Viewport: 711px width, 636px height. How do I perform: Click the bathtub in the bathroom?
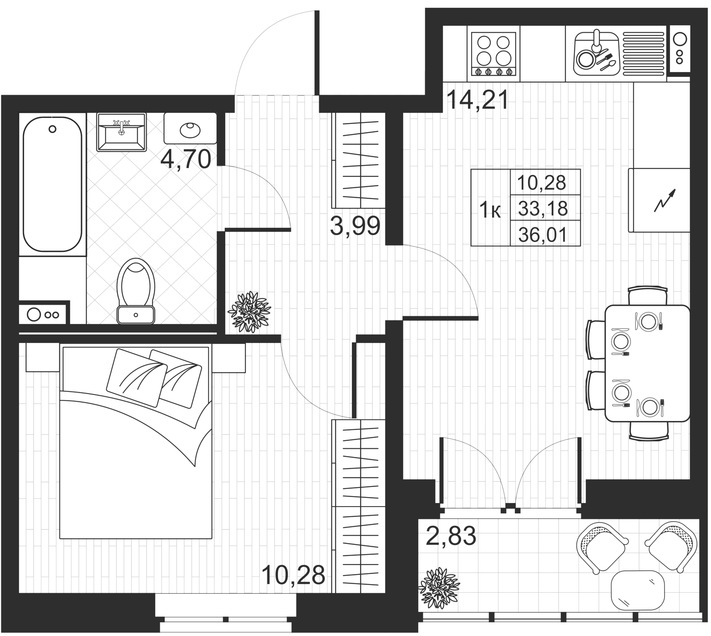(52, 184)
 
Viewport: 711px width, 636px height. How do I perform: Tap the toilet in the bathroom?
(136, 291)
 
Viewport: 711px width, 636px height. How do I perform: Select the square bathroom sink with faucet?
(121, 132)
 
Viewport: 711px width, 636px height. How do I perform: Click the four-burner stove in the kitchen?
(493, 54)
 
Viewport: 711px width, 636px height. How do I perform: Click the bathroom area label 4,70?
(187, 159)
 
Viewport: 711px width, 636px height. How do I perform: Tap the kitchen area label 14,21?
(477, 100)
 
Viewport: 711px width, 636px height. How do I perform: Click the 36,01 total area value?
(543, 235)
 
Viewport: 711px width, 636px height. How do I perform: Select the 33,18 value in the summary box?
(543, 209)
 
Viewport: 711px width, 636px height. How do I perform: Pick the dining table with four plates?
(647, 364)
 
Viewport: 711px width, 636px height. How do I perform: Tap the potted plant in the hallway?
(249, 312)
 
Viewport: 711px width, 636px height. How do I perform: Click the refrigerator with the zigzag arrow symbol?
(660, 200)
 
